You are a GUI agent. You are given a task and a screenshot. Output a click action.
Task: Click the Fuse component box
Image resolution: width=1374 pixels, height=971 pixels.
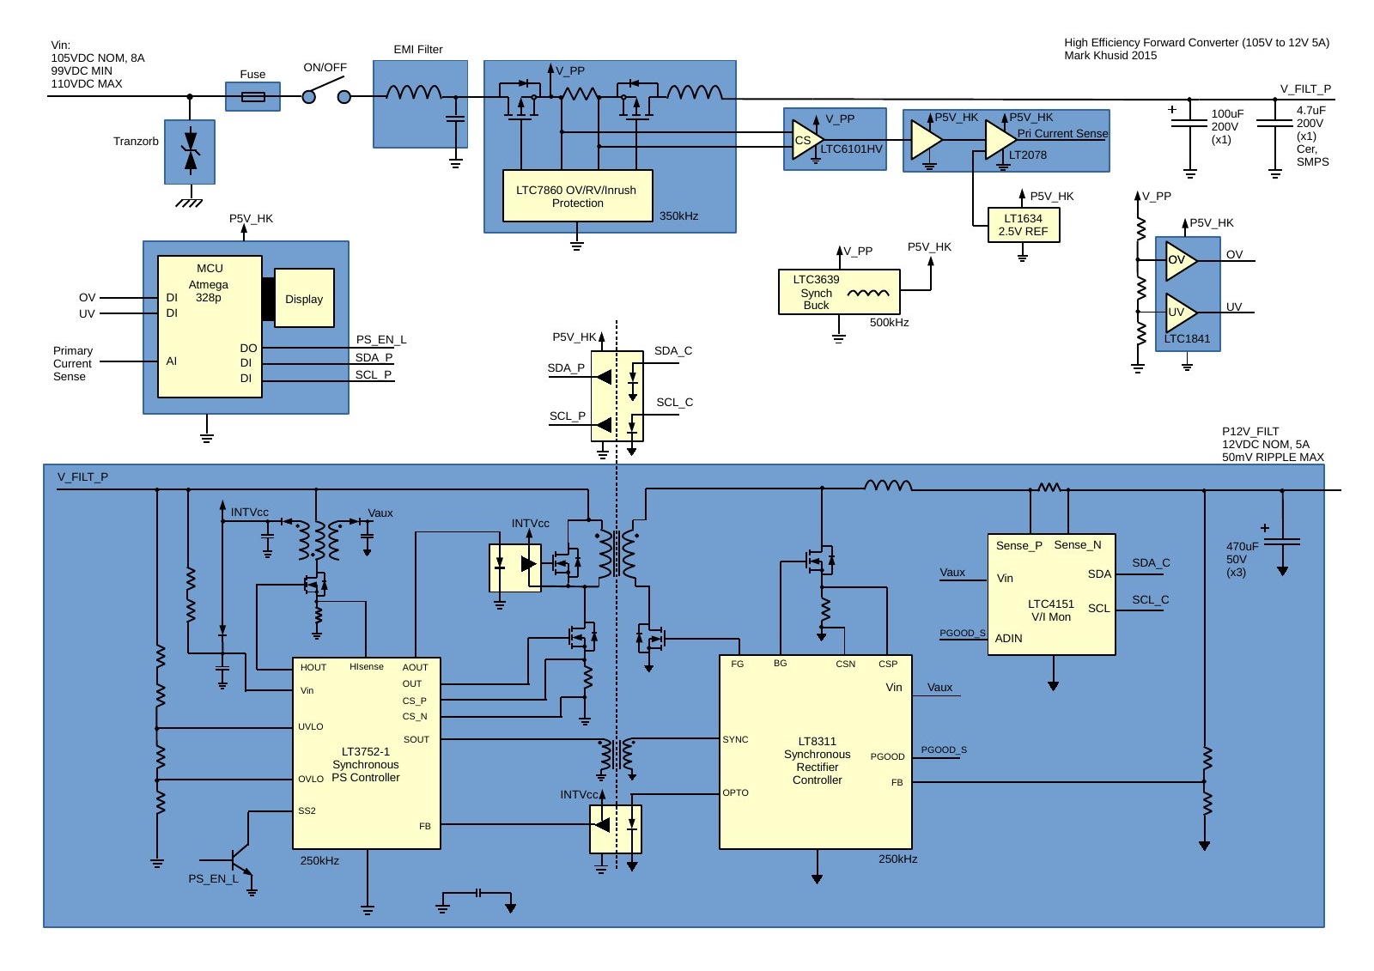pos(252,96)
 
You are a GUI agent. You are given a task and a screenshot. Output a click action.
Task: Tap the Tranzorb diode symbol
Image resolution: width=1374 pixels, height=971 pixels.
pos(191,151)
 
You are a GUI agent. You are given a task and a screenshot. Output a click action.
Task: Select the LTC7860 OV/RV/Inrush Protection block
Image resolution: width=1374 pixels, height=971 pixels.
pos(577,196)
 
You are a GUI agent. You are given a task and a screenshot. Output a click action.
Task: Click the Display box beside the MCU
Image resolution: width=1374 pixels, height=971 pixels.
pos(304,299)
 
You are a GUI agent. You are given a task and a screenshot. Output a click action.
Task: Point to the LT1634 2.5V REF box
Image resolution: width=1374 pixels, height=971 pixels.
pos(1023,225)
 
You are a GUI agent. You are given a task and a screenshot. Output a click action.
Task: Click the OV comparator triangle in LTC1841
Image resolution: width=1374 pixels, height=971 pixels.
pos(1180,260)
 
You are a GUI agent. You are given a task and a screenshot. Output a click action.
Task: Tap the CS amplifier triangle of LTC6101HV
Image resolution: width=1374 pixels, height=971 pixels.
pos(806,140)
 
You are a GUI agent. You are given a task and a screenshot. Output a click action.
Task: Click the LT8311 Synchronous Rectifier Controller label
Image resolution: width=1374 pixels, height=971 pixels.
pos(817,761)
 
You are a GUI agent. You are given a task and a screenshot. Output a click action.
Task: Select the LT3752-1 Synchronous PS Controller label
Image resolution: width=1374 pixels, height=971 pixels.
pos(366,764)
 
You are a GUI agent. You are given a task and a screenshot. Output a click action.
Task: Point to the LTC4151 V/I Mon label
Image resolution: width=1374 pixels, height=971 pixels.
pos(1051,610)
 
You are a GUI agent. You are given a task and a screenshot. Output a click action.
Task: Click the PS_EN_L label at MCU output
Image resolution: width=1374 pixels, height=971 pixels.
pos(381,340)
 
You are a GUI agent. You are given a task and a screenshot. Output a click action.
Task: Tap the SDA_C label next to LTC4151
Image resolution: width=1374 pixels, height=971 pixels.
pos(1151,563)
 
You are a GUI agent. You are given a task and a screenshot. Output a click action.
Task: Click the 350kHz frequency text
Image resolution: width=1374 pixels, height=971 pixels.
pos(678,216)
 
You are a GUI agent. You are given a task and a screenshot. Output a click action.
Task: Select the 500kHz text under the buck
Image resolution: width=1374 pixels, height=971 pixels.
pos(889,323)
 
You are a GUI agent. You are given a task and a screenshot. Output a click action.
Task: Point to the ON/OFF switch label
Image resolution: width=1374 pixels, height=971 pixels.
pos(325,68)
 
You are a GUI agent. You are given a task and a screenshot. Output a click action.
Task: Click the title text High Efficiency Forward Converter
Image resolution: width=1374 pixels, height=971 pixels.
pos(1196,43)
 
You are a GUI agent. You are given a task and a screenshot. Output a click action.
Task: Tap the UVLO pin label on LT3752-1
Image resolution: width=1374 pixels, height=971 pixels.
pos(311,727)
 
